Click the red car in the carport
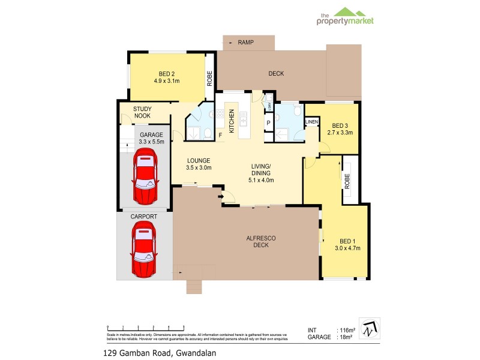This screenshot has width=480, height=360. click(x=144, y=249)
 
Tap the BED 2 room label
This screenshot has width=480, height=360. click(x=167, y=76)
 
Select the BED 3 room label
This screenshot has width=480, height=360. click(x=340, y=129)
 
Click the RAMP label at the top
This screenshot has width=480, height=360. click(x=245, y=43)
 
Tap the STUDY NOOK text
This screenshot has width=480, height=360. click(x=142, y=112)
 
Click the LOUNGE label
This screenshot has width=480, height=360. click(x=198, y=164)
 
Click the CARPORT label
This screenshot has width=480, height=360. click(x=144, y=216)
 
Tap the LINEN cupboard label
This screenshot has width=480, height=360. click(x=311, y=122)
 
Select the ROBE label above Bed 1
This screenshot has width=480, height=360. click(x=347, y=181)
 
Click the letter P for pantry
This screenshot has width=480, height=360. click(x=268, y=123)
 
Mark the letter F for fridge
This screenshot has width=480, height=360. click(x=220, y=134)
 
